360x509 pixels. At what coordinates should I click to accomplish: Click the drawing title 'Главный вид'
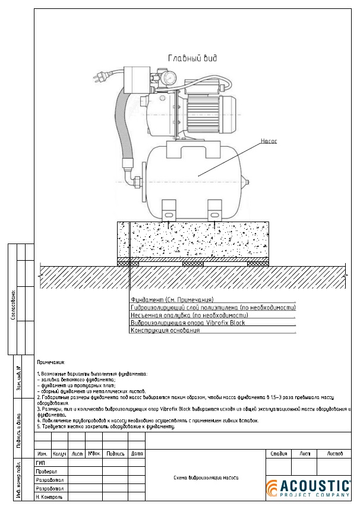[x=192, y=58]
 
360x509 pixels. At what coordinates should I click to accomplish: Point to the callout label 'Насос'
[x=269, y=141]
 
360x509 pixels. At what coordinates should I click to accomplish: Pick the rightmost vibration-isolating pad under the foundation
[x=257, y=264]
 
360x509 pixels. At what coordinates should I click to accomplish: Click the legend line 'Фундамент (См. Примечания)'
[x=172, y=300]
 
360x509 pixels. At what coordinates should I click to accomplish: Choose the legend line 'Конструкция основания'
[x=166, y=330]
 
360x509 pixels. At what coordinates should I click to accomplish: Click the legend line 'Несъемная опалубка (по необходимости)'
[x=189, y=315]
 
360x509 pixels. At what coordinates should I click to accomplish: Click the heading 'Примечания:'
[x=51, y=362]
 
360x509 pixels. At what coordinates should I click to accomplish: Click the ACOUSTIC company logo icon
[x=271, y=488]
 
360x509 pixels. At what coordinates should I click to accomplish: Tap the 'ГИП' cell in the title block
[x=41, y=462]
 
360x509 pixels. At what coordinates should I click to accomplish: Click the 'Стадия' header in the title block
[x=279, y=453]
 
